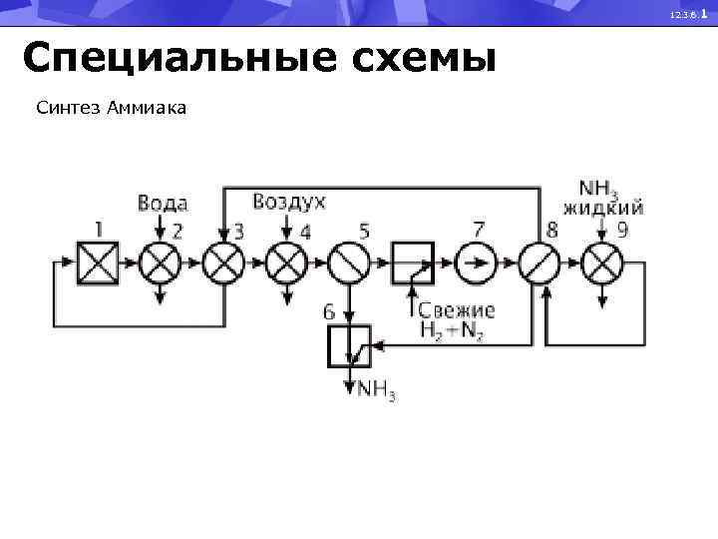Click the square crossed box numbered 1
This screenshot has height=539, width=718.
(x=98, y=264)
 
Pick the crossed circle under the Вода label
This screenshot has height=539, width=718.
(x=160, y=264)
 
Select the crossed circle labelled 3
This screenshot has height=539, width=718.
(x=223, y=264)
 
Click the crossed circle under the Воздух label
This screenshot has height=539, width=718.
(x=287, y=264)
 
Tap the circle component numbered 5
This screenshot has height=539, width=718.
(x=349, y=264)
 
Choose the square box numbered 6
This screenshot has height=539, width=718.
(x=349, y=346)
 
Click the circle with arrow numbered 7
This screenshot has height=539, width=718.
(x=477, y=264)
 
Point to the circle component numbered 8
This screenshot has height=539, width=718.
(x=539, y=264)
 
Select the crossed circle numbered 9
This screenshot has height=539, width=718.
(x=602, y=264)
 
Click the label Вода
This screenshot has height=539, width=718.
(x=162, y=204)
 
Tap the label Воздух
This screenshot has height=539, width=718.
(x=289, y=203)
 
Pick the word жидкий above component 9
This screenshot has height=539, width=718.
(x=603, y=209)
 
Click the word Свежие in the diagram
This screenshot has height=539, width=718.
(x=456, y=311)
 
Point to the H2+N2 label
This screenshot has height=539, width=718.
(x=451, y=333)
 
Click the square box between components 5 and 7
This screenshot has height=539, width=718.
(x=413, y=264)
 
